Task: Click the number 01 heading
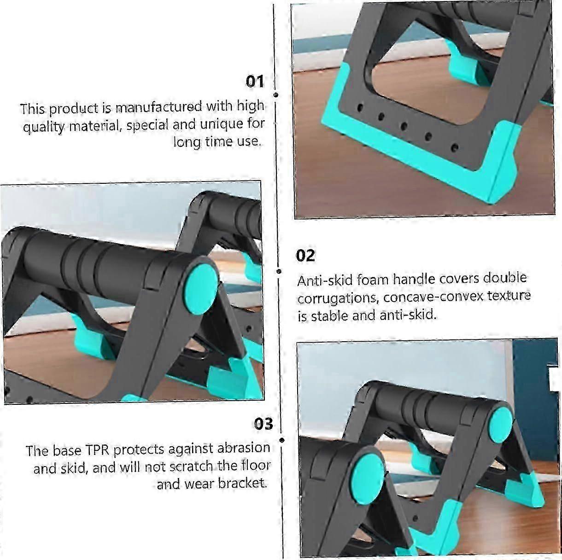click(255, 82)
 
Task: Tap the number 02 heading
click(305, 256)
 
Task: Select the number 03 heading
click(263, 424)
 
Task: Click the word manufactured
click(159, 107)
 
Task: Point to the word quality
click(43, 127)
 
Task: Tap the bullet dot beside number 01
click(276, 95)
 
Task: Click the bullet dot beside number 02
click(279, 271)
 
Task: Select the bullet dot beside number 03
click(282, 440)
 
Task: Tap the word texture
click(509, 296)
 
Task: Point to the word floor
click(256, 465)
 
